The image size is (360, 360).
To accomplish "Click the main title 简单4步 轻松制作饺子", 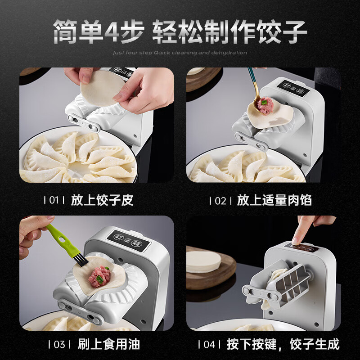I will [x=180, y=31].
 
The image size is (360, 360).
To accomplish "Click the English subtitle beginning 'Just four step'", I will [x=180, y=53].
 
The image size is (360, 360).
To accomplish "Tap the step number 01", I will [x=54, y=200].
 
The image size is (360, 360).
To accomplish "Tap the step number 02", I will [x=220, y=200].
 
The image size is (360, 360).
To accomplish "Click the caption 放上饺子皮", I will [x=102, y=200].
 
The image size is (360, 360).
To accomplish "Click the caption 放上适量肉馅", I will [x=274, y=200].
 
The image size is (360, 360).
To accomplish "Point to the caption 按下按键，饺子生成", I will [x=282, y=345].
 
